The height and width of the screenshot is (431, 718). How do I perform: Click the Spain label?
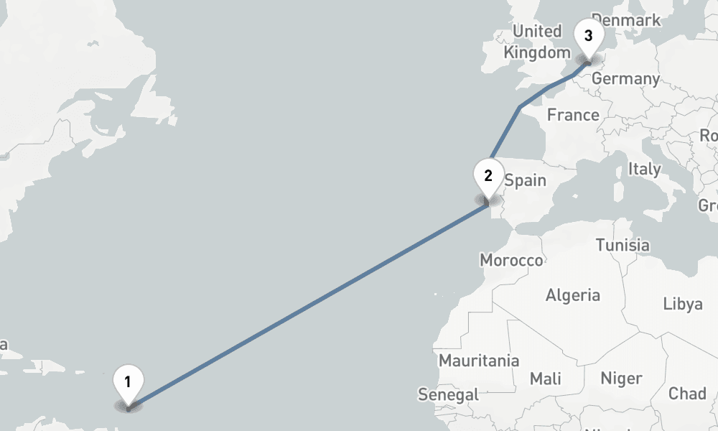(525, 180)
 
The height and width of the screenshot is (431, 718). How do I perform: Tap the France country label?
(573, 115)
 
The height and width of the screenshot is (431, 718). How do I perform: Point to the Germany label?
(626, 78)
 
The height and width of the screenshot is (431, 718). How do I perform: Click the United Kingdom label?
(536, 42)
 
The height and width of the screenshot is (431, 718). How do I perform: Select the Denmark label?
(626, 20)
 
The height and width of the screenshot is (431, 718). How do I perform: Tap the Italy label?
(644, 170)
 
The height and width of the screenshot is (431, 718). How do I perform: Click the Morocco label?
(511, 260)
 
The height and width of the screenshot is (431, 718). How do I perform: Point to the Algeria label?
(573, 295)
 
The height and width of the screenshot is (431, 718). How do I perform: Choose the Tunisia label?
(623, 245)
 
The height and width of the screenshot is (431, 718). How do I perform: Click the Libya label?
(682, 304)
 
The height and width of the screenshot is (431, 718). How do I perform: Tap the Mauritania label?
(479, 361)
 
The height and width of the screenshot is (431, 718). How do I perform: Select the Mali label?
(546, 379)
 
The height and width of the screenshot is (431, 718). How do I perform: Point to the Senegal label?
(448, 394)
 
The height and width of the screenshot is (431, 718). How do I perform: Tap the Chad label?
(687, 394)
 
